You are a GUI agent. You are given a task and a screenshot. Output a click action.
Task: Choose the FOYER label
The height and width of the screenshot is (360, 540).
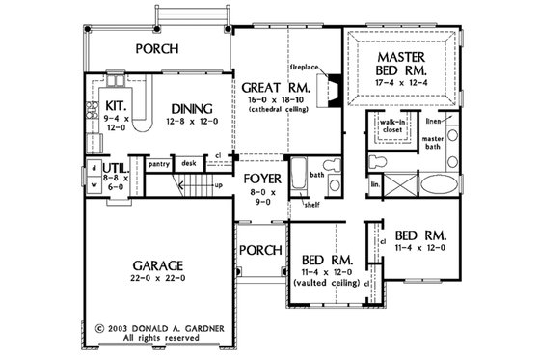261,179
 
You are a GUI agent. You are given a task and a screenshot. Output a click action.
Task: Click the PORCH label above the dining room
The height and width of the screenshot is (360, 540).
161,48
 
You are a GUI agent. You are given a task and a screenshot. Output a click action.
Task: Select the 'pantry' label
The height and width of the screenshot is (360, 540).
159,165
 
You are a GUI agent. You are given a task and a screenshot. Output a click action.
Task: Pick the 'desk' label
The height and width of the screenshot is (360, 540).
189,165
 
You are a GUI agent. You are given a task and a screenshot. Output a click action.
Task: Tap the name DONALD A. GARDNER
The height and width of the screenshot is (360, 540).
181,327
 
